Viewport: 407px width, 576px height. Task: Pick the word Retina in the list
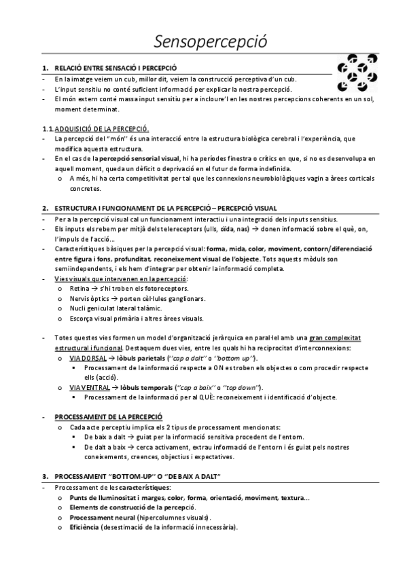tap(79, 288)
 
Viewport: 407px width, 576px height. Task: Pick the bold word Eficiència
tap(84, 527)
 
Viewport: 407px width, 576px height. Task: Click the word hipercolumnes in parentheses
tap(158, 517)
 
